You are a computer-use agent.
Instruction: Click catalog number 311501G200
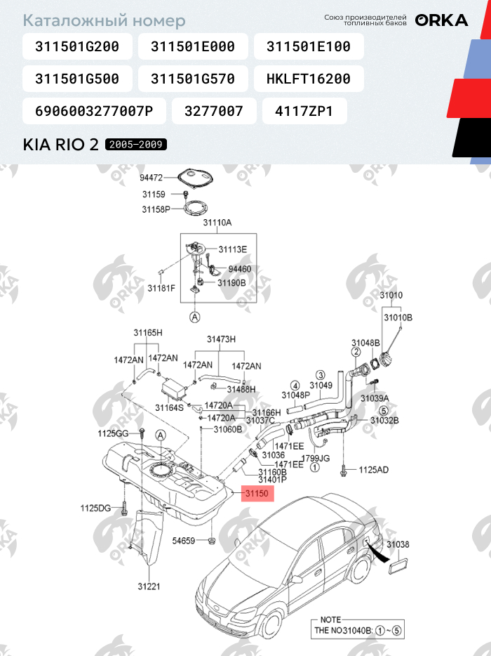[x=77, y=46]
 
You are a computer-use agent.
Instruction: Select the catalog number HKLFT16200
[x=309, y=79]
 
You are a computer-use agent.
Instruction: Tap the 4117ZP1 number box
[x=304, y=111]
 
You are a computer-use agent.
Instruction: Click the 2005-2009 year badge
[x=136, y=145]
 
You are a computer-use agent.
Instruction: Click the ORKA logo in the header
[x=441, y=20]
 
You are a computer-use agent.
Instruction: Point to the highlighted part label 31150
[x=257, y=494]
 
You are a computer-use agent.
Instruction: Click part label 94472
[x=151, y=178]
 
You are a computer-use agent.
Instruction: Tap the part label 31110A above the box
[x=217, y=223]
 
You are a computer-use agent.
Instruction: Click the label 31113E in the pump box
[x=233, y=250]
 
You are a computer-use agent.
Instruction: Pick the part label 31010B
[x=398, y=317]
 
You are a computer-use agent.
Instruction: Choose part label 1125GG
[x=113, y=433]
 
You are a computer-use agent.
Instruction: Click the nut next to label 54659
[x=211, y=541]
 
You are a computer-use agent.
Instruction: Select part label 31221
[x=149, y=586]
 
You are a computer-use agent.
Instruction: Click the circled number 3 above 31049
[x=321, y=375]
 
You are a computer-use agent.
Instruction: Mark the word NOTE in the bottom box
[x=330, y=619]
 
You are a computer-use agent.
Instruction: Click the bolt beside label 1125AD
[x=344, y=471]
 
